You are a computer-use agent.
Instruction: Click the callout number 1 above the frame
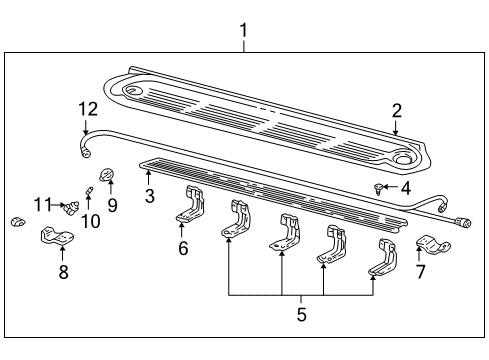coord(244,30)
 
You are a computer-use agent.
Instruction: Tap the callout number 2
coord(397,111)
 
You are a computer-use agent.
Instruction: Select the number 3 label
coord(150,196)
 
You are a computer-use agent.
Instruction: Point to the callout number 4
coord(406,188)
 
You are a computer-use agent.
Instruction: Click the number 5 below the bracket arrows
coord(302,314)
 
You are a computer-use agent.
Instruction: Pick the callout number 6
coord(183,248)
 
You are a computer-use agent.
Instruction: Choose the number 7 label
coord(421,271)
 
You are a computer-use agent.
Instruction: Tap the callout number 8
coord(63,271)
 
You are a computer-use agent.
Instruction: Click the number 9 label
coord(112,205)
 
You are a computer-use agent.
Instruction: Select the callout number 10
coord(91,221)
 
